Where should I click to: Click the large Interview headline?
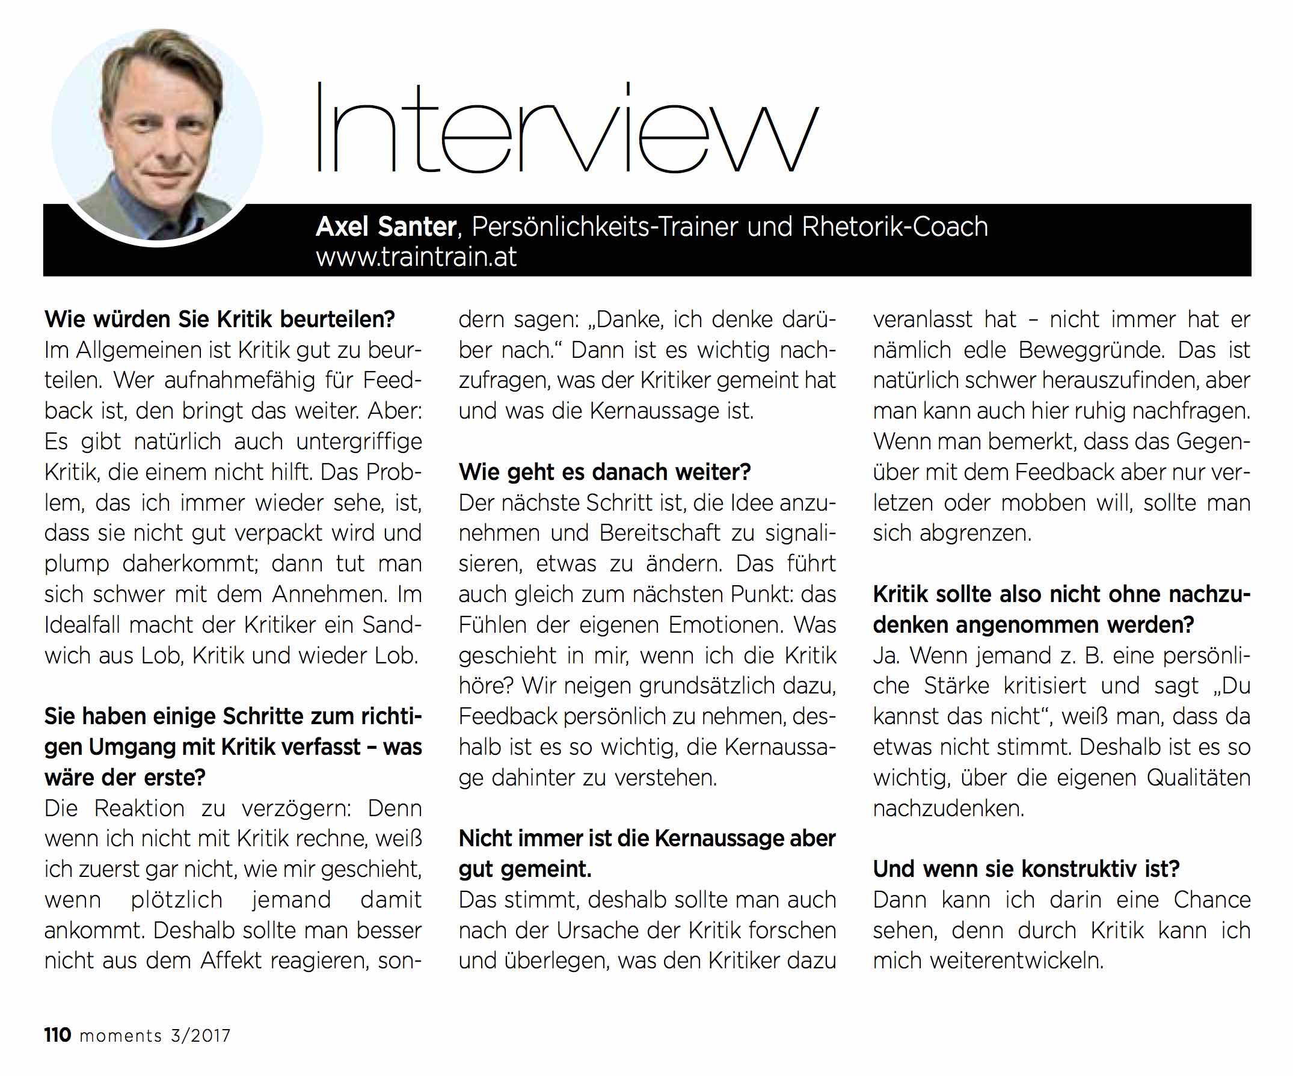(x=567, y=129)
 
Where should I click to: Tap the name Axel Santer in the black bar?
(x=386, y=227)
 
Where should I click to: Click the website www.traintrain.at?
(x=416, y=257)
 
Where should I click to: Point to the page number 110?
(x=57, y=1034)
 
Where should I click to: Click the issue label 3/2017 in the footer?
(x=201, y=1036)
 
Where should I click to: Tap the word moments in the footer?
(x=121, y=1036)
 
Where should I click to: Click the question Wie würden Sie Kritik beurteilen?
(x=219, y=319)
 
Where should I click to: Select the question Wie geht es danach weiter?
(x=604, y=472)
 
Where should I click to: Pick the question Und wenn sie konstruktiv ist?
(x=1026, y=869)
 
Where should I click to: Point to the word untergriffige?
(x=359, y=442)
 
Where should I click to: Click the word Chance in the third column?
(x=1212, y=900)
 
